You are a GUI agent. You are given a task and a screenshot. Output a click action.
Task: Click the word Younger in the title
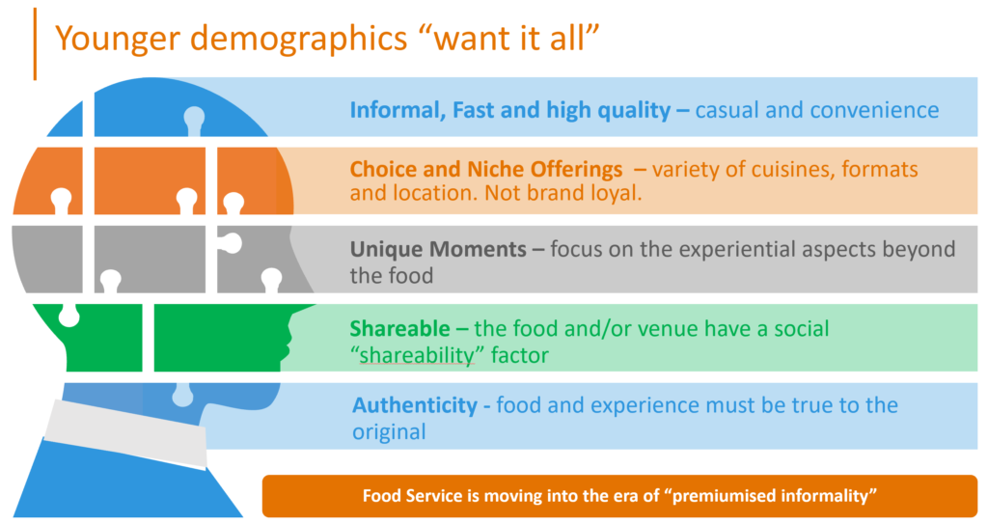coord(118,40)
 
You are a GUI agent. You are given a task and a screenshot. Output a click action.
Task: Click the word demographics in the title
coord(299,40)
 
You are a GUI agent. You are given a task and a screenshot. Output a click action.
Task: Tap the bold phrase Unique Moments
coord(438,249)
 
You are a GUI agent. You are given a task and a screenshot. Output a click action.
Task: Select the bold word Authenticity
coord(415,405)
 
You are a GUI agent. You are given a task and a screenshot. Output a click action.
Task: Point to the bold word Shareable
coord(399,328)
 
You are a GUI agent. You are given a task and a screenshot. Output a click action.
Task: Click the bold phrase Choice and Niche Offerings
coord(486,170)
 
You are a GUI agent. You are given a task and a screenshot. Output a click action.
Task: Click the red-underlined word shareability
coord(417,356)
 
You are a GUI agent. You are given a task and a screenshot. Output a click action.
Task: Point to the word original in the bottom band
coord(389,432)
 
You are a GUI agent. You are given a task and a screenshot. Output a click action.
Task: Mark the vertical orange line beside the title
coord(35,44)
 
